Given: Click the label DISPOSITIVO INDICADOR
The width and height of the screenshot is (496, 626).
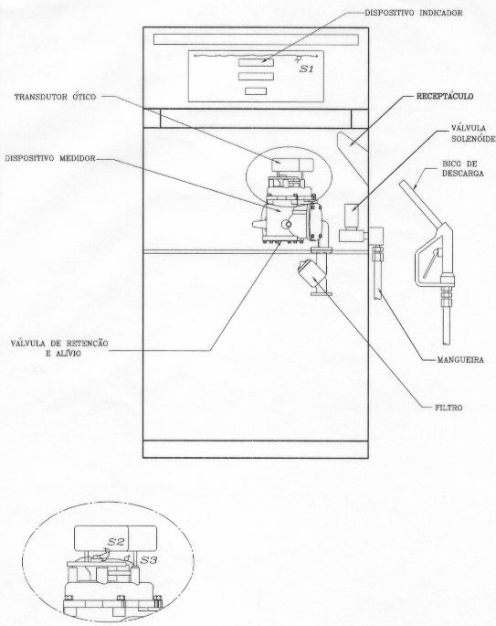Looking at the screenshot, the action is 414,13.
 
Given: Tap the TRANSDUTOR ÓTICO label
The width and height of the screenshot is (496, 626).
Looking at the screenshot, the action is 55,97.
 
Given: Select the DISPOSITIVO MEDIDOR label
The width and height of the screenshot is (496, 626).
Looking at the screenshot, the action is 50,158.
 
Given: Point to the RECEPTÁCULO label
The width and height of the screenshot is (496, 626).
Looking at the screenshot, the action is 445,97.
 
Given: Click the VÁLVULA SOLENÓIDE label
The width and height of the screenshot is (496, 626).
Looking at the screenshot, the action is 473,133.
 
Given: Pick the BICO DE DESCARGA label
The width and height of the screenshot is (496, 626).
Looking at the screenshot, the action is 463,169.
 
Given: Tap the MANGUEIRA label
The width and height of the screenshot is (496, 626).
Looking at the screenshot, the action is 460,360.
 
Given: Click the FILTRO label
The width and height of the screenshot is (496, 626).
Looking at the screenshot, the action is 449,408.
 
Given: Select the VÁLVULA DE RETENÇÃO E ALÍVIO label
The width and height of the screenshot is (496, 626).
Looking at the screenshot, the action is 59,348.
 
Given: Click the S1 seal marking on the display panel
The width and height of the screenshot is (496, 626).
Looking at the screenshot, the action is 306,69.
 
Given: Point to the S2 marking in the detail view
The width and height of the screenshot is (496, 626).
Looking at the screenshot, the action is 117,542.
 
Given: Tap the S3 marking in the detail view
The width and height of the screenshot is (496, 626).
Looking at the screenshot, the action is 149,559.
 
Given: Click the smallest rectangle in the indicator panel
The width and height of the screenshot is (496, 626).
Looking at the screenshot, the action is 256,91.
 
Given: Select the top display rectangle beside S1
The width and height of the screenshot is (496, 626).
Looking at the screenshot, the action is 256,62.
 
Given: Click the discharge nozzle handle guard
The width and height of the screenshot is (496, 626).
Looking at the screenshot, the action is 429,260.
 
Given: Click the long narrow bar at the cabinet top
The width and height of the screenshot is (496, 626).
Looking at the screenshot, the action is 256,39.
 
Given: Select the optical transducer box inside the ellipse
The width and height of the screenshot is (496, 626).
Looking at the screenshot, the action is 292,164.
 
